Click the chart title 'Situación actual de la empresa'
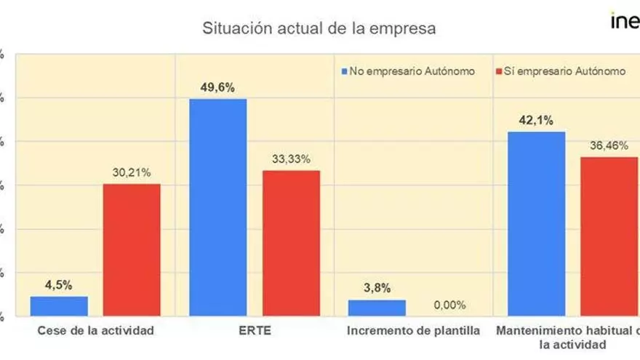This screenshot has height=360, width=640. click(x=319, y=28)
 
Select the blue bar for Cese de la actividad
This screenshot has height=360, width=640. click(x=59, y=306)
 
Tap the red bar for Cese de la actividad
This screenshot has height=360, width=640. click(x=132, y=250)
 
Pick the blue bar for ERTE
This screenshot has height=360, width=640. click(x=217, y=207)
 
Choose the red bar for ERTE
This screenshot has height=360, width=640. click(x=291, y=243)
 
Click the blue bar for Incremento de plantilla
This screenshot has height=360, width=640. click(x=377, y=308)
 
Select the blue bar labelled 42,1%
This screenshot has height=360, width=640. click(x=536, y=224)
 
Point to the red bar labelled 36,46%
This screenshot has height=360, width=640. click(x=609, y=236)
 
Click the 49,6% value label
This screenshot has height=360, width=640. click(x=217, y=87)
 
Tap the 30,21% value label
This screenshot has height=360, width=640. click(x=131, y=172)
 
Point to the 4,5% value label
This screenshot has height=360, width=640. click(x=58, y=285)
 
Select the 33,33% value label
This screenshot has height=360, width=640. click(x=291, y=159)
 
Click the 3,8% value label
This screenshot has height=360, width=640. click(x=376, y=288)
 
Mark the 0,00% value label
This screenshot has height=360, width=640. click(x=449, y=305)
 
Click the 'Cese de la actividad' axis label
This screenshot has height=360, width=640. click(x=95, y=331)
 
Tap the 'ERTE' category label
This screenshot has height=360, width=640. click(x=255, y=331)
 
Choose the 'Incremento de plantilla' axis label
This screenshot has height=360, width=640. click(x=413, y=331)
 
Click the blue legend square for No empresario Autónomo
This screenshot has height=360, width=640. click(x=345, y=71)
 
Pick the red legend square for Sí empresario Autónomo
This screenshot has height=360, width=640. click(x=499, y=71)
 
